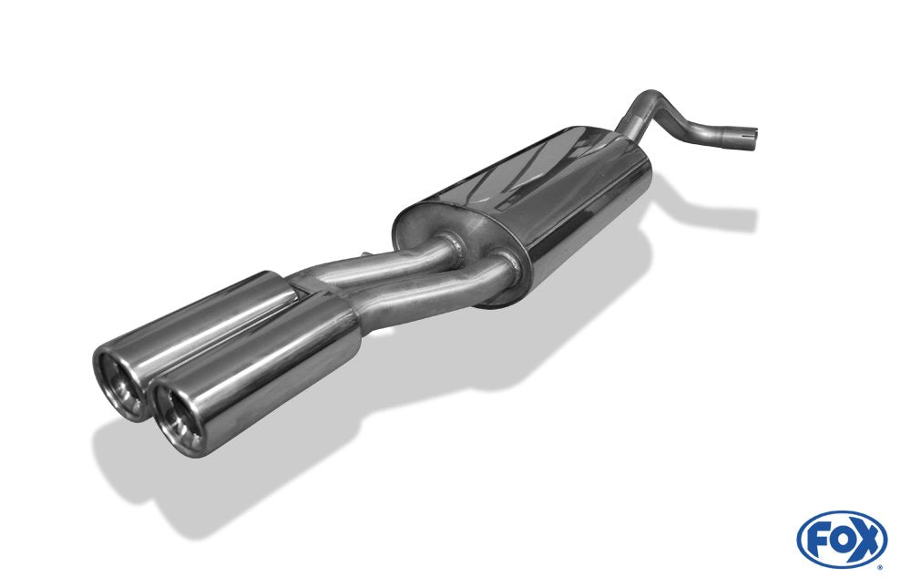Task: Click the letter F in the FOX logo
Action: tap(819, 540)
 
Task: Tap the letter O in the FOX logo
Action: tap(841, 540)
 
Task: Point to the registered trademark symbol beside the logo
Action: tap(879, 566)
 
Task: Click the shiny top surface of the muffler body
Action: tap(547, 173)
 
